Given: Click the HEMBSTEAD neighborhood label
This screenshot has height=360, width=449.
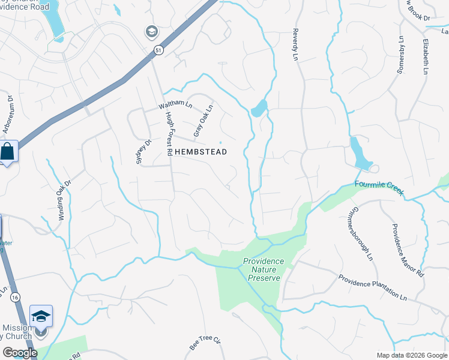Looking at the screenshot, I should click(201, 152).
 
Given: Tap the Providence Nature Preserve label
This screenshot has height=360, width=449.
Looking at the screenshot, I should click(264, 270).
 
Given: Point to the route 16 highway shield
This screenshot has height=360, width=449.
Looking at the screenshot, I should click(14, 297).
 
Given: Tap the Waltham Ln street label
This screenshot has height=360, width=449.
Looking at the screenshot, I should click(175, 104).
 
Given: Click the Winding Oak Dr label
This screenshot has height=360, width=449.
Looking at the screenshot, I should click(65, 200).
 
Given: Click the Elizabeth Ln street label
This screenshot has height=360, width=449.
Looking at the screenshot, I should click(425, 56).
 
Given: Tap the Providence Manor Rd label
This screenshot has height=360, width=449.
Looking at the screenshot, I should click(408, 250).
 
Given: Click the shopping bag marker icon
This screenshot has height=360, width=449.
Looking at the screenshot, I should click(8, 151).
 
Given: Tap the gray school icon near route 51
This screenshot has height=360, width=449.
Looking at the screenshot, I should click(151, 31).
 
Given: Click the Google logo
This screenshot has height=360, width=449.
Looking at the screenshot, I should click(20, 353).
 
